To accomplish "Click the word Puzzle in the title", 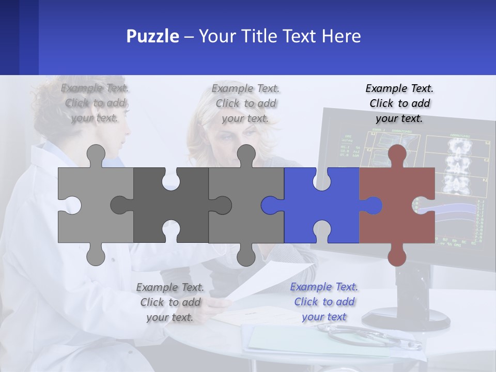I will click(x=153, y=36).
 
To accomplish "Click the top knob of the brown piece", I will click(x=397, y=154).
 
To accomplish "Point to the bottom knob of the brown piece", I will click(x=397, y=256).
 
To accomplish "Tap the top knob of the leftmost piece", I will click(x=96, y=154).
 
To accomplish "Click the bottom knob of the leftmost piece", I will click(x=96, y=256).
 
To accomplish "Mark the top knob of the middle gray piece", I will click(x=246, y=154).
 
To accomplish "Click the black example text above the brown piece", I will click(x=399, y=103).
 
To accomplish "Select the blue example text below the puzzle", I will click(x=324, y=302).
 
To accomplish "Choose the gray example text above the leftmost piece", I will click(x=95, y=103).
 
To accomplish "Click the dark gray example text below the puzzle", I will click(x=170, y=302).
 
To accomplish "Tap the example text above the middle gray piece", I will click(x=245, y=103).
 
